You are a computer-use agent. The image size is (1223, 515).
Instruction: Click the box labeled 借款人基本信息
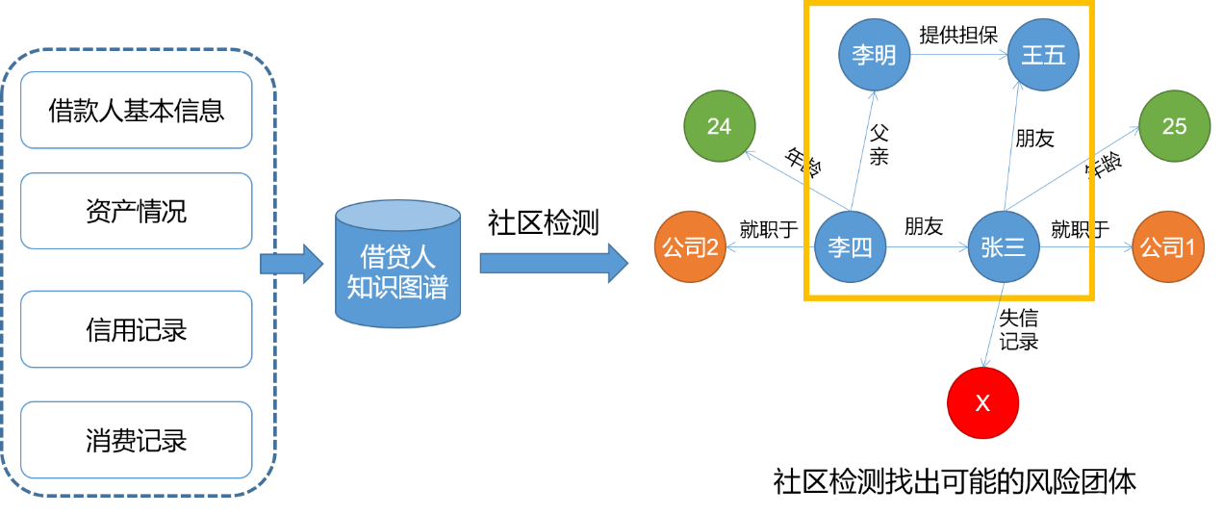[136, 110]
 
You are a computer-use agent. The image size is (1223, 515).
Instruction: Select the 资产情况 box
[136, 211]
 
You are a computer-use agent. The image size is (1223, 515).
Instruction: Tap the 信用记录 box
[136, 330]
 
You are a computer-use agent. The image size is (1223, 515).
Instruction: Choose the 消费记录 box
[136, 440]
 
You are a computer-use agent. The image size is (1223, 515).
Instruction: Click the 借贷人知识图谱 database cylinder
[397, 265]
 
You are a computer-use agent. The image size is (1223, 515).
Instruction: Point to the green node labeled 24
[720, 126]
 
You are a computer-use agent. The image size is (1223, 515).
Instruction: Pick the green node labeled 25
[1174, 126]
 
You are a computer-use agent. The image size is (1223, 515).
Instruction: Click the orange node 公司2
[690, 247]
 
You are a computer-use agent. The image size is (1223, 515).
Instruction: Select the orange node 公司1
[1167, 247]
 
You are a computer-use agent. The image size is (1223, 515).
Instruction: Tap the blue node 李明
[874, 55]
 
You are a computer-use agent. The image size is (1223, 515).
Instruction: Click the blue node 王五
[1044, 55]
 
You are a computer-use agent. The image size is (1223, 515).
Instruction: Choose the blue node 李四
[850, 247]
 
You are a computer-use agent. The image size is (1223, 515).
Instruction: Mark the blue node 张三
[1004, 247]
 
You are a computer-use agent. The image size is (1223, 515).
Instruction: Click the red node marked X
[982, 402]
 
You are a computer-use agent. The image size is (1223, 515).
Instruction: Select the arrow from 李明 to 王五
[958, 55]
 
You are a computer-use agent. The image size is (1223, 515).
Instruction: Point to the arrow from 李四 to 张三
[927, 247]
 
